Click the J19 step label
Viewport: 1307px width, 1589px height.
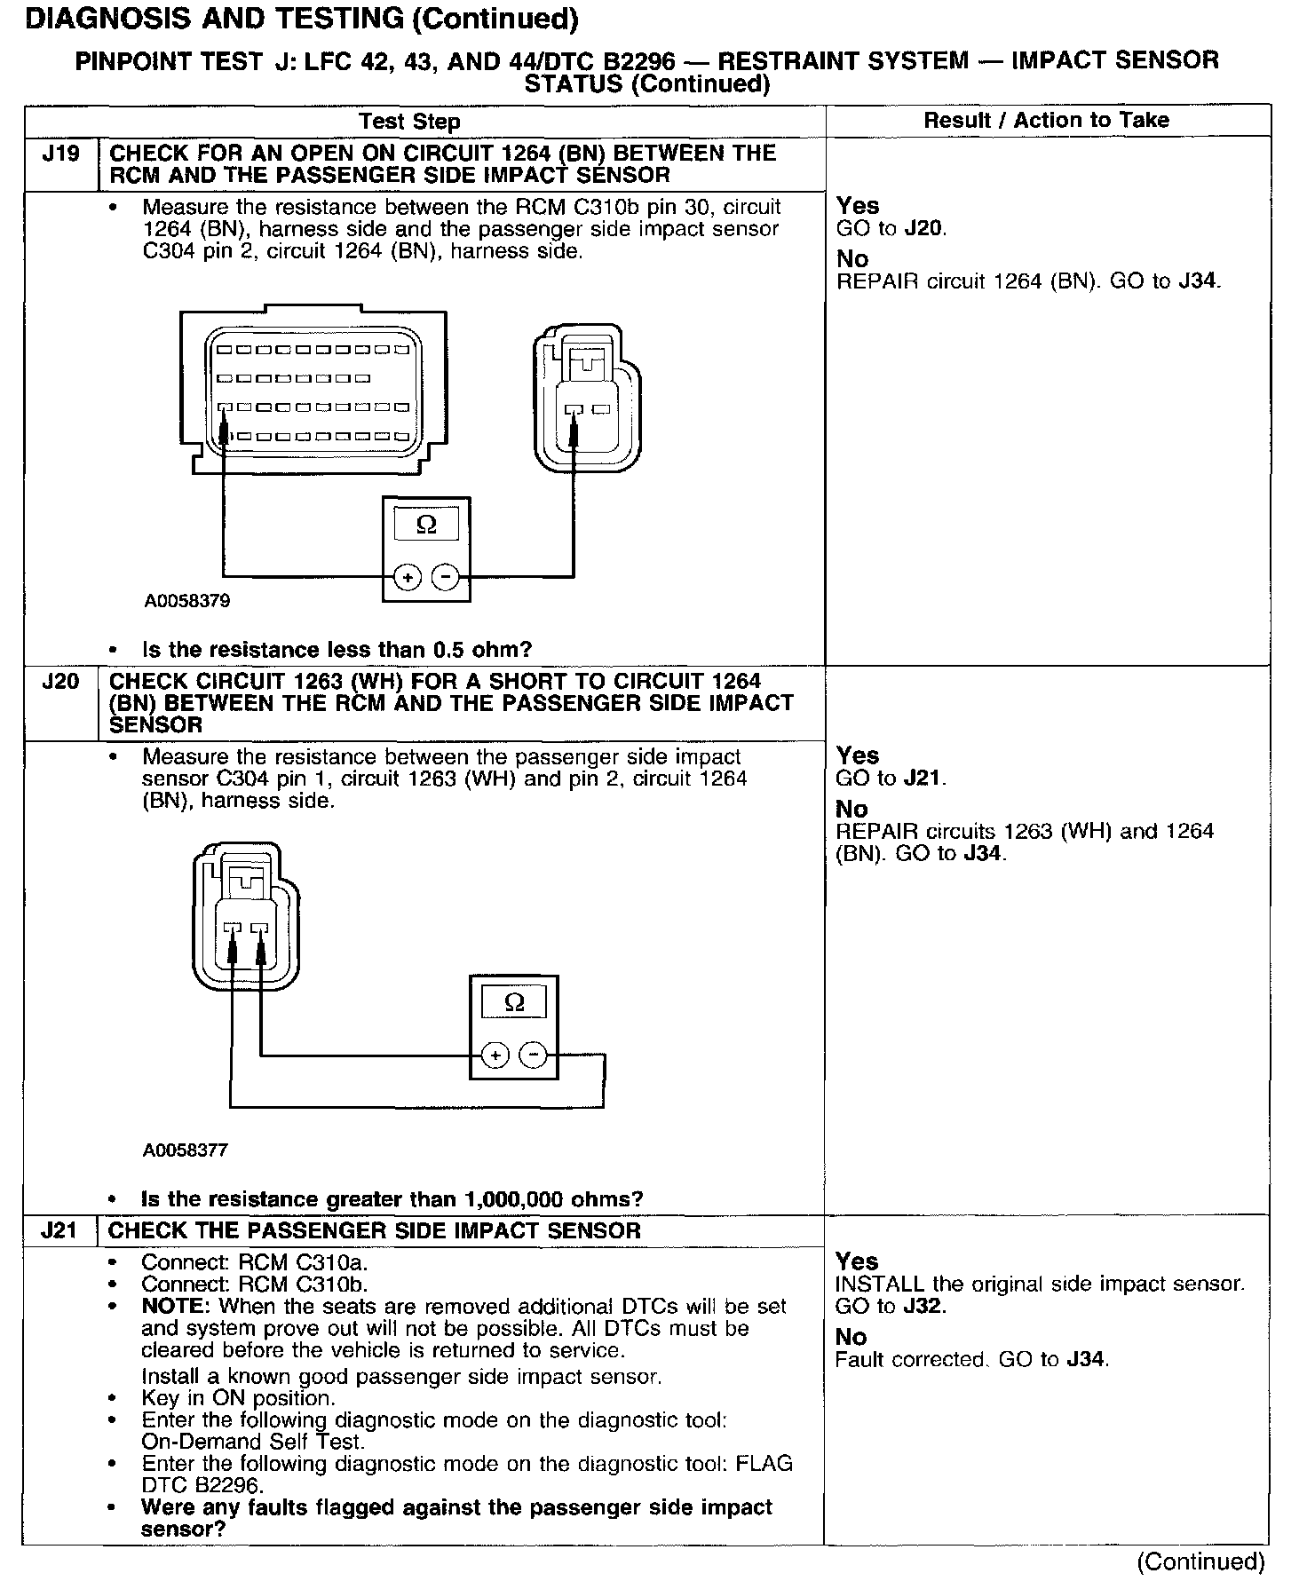[60, 154]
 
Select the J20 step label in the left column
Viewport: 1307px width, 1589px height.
[60, 682]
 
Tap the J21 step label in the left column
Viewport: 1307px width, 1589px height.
[59, 1231]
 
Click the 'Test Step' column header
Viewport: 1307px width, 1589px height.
[409, 122]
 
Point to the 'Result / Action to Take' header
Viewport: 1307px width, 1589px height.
[1047, 120]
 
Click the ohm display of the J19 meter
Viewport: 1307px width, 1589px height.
[426, 525]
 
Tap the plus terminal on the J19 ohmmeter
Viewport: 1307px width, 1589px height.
[408, 578]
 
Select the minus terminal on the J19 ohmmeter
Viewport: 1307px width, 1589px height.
[445, 578]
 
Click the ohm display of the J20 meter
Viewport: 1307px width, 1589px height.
[514, 1003]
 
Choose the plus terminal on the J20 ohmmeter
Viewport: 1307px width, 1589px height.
[495, 1055]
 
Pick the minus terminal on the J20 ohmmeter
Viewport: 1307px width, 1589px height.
[533, 1055]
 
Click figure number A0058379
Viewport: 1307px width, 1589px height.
[187, 601]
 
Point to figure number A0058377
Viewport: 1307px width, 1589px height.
[186, 1150]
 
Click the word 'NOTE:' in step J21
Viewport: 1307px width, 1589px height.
[177, 1307]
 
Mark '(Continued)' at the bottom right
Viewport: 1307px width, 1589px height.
[1200, 1562]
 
